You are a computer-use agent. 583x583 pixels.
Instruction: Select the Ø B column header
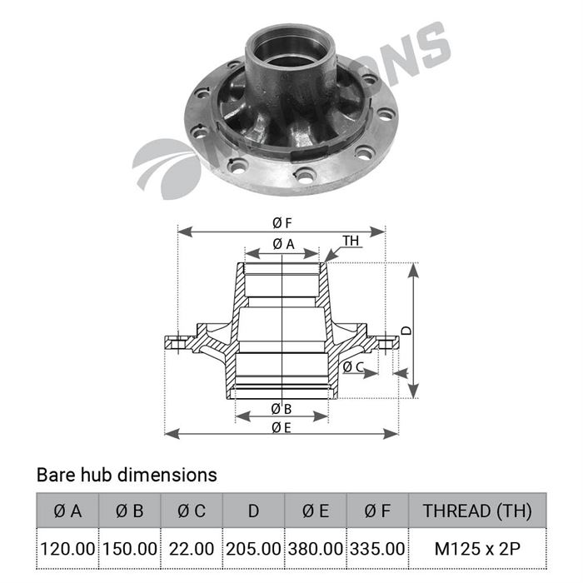point(129,511)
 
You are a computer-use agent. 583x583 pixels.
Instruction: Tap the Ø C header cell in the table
point(192,511)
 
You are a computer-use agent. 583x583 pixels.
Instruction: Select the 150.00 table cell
point(129,550)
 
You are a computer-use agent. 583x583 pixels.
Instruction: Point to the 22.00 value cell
point(192,550)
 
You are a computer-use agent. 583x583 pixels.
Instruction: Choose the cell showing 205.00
point(253,550)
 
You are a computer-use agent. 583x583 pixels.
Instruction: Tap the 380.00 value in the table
point(315,550)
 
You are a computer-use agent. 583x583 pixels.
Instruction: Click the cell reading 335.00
point(377,550)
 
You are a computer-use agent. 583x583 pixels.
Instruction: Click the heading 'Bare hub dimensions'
point(127,475)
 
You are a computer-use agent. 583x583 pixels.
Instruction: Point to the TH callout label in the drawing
point(351,241)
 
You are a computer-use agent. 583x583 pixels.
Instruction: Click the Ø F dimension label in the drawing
point(282,222)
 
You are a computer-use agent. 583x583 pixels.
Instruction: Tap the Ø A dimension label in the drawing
point(283,244)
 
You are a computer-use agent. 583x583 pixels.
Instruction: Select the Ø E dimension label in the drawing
point(282,427)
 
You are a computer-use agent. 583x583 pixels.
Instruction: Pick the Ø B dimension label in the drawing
point(282,409)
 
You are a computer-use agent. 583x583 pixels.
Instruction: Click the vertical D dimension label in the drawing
point(406,330)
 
